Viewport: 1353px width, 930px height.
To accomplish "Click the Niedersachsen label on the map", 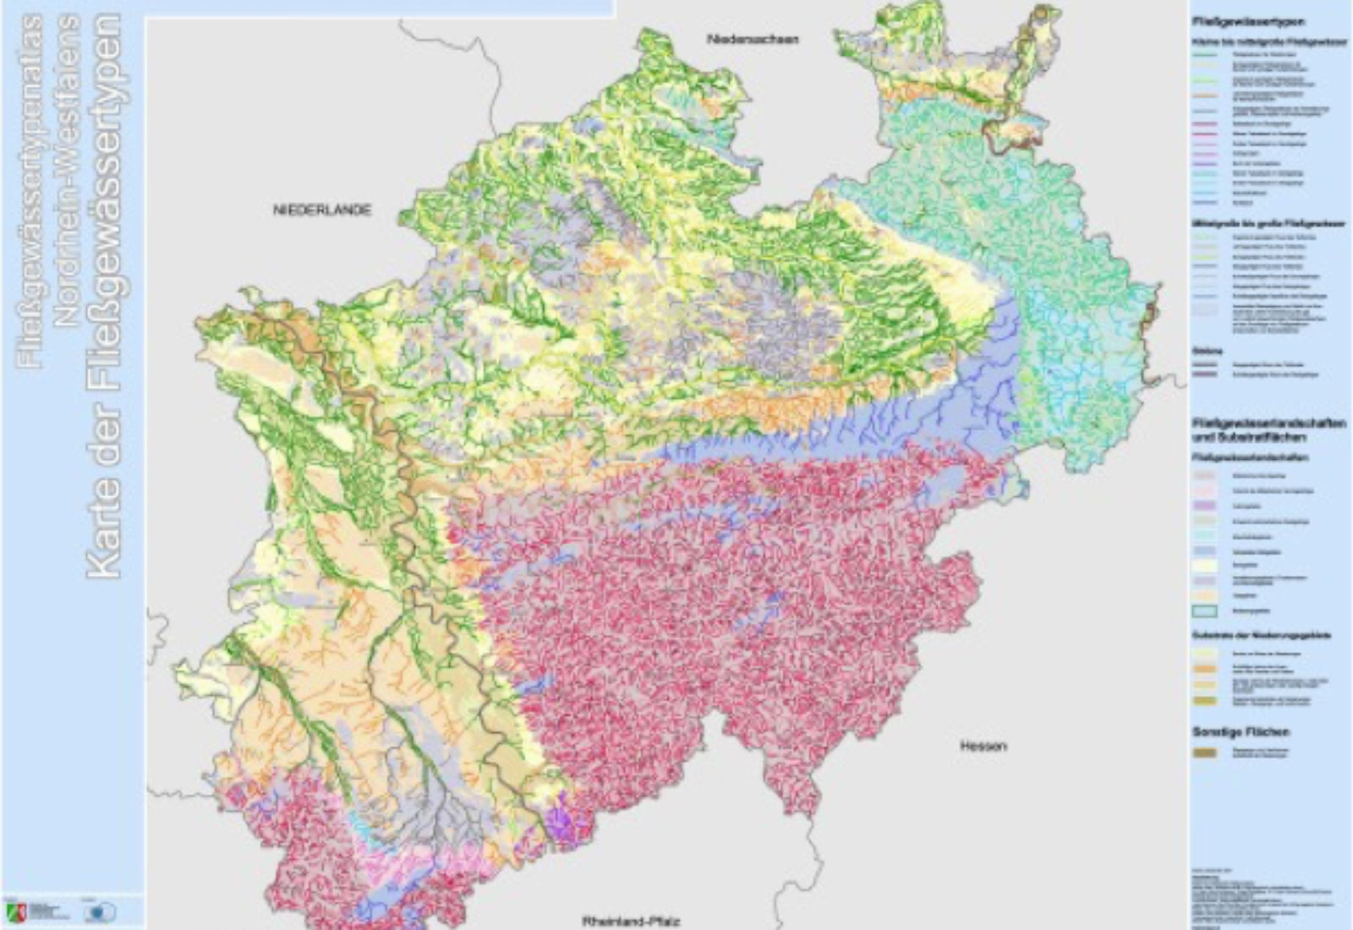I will tap(753, 39).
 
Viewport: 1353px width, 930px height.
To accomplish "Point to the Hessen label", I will tap(983, 747).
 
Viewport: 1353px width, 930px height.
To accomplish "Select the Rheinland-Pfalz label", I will tap(631, 922).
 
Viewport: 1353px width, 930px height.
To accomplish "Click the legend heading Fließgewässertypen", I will tap(1235, 22).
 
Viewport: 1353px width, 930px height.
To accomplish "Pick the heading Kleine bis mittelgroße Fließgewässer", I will tap(1249, 39).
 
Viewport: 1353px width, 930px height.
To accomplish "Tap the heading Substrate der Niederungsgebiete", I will tap(1250, 635).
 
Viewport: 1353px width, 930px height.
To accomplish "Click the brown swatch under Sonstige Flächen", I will tap(1205, 752).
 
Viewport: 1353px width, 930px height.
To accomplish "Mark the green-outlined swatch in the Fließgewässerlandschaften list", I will tap(1205, 610).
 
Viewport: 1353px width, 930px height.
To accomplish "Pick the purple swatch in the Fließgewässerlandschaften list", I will tap(1205, 506).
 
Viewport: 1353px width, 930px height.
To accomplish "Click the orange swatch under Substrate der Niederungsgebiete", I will tap(1205, 668).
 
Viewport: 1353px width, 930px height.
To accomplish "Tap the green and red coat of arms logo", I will tap(16, 912).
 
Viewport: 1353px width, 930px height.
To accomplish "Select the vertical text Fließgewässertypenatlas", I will tap(30, 190).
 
